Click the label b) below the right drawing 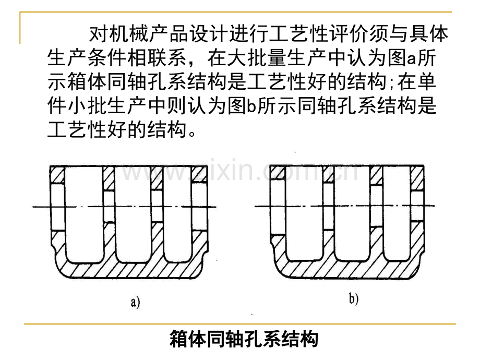tap(354, 299)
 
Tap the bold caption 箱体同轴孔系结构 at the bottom tap(244, 340)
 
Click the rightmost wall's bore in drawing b tap(417, 200)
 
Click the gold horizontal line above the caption tap(240, 324)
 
